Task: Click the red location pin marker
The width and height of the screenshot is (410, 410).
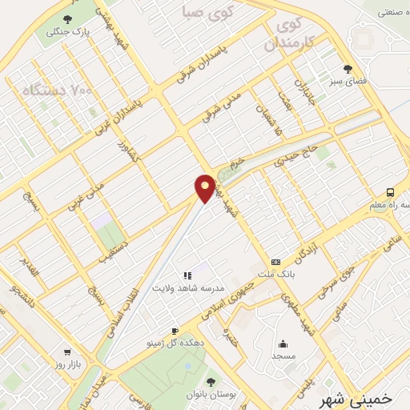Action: pyautogui.click(x=206, y=188)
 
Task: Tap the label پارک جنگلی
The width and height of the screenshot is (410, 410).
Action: pyautogui.click(x=66, y=32)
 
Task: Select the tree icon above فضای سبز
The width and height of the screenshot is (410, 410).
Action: pyautogui.click(x=348, y=69)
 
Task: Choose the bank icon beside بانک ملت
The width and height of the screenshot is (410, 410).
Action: pyautogui.click(x=275, y=262)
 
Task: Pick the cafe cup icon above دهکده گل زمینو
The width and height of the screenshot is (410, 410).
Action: pyautogui.click(x=175, y=331)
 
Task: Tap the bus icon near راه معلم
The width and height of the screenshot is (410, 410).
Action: pyautogui.click(x=390, y=191)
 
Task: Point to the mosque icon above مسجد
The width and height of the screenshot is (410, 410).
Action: pyautogui.click(x=281, y=341)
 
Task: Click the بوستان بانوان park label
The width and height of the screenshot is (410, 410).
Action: pyautogui.click(x=211, y=396)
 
